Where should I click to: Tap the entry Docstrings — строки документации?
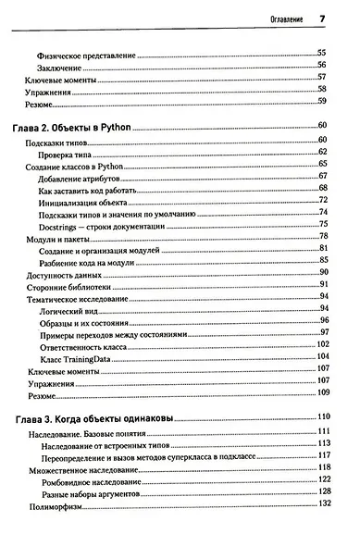pyautogui.click(x=103, y=227)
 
